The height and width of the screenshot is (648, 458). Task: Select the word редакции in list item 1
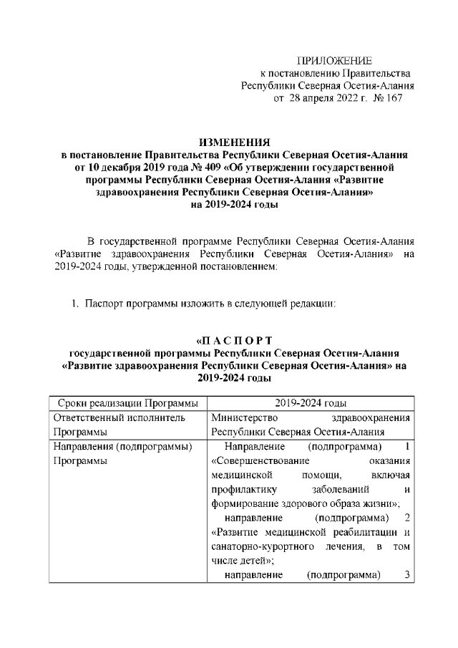click(313, 303)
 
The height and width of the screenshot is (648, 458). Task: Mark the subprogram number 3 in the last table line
click(406, 575)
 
